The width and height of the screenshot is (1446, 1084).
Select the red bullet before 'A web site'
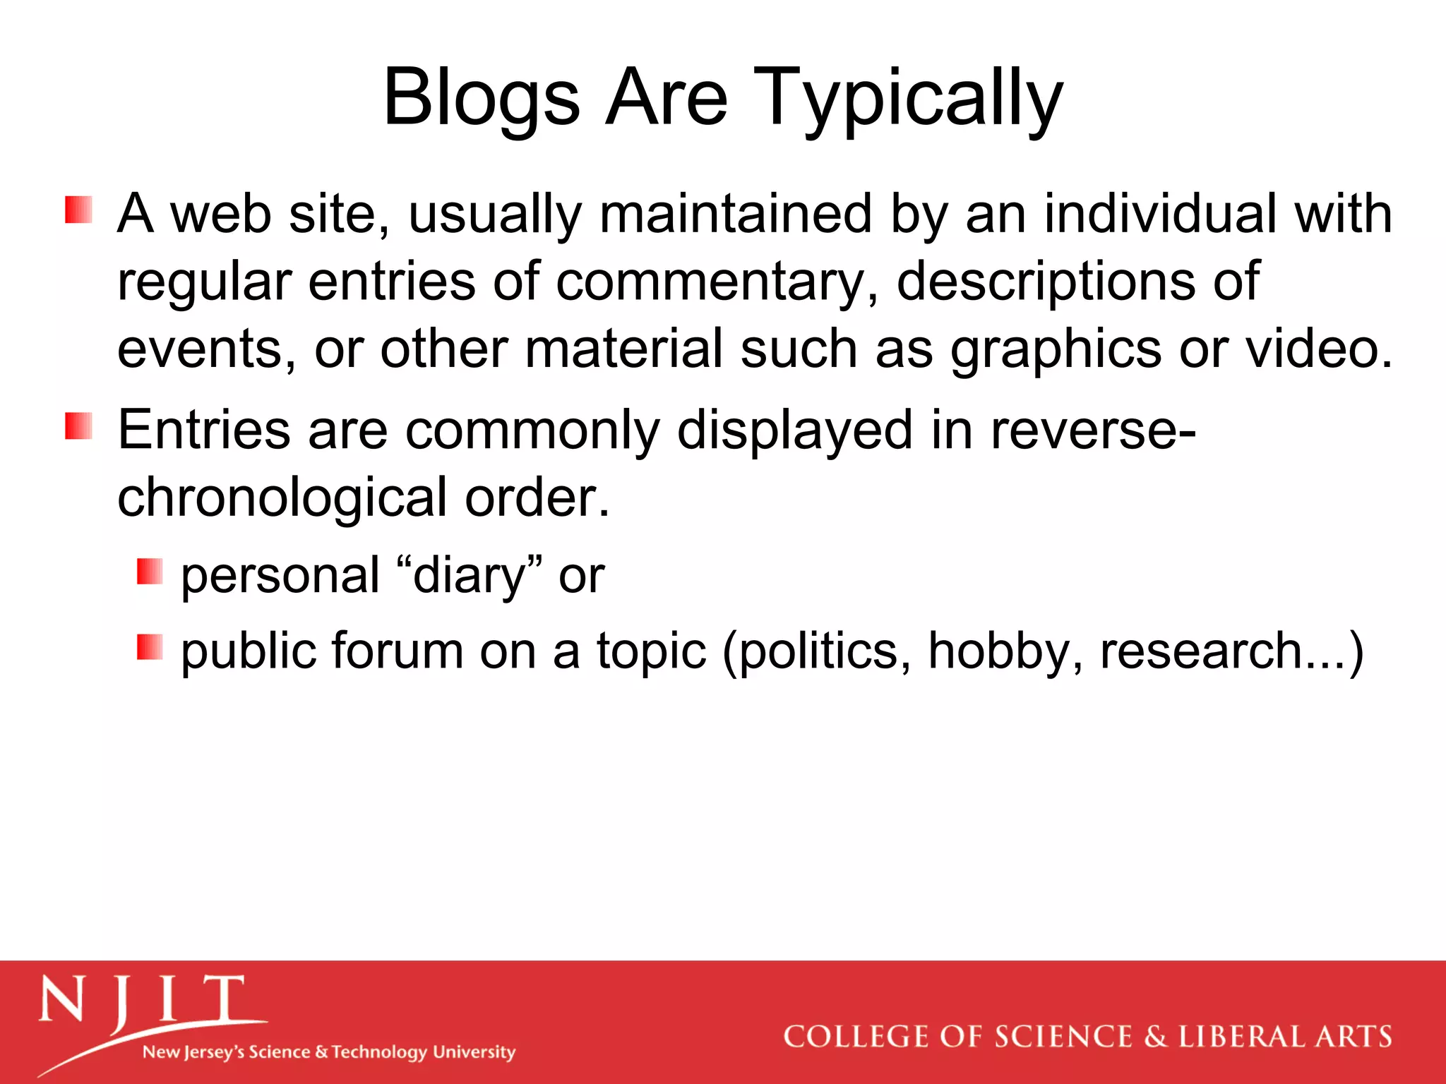point(78,210)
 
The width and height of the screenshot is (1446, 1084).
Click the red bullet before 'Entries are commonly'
point(78,426)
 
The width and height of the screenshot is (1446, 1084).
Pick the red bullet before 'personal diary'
point(150,572)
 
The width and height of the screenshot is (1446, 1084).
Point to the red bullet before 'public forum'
point(150,646)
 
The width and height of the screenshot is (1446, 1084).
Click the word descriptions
point(1046,281)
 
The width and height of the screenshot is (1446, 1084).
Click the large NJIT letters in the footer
point(141,1001)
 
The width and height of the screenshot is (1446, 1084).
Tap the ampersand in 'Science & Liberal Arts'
point(1155,1037)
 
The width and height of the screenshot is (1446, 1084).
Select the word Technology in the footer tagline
point(379,1052)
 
